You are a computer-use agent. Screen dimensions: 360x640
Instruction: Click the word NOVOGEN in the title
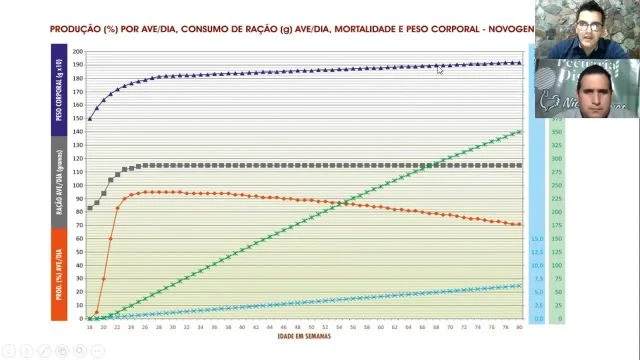[512, 30]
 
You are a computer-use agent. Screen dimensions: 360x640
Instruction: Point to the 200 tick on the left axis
[78, 51]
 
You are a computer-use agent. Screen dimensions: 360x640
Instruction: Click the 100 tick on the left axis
[78, 185]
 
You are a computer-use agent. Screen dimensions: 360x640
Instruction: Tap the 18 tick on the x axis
[89, 327]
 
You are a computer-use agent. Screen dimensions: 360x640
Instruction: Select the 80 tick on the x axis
[519, 327]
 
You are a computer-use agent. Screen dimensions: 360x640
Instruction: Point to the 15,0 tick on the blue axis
[536, 239]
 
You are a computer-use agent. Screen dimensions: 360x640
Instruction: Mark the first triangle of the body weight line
[90, 119]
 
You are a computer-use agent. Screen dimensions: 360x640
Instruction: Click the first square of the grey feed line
[90, 208]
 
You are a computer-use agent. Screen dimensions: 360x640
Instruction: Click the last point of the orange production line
[519, 224]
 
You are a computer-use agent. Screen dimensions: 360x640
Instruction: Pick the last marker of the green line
[519, 132]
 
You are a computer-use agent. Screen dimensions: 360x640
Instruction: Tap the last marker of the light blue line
[519, 285]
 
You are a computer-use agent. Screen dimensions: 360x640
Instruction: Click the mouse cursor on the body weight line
[439, 69]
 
